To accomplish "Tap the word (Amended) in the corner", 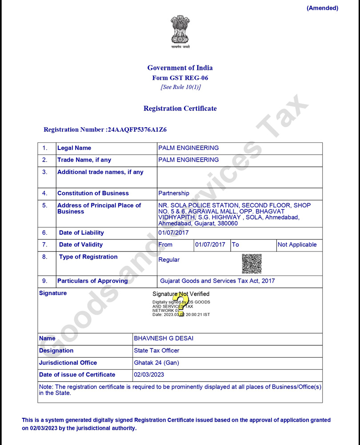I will coord(322,8).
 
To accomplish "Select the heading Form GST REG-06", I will coord(180,78).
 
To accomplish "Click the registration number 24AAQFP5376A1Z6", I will coord(137,130).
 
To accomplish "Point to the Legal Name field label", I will coord(74,148).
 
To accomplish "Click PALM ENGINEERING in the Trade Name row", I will coord(189,160).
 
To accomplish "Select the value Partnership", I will coord(174,194).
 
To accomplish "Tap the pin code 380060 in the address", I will coord(227,223).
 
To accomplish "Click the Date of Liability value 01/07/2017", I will coord(174,233).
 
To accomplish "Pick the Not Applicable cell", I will coord(297,245).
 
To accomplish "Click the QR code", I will coord(252,263).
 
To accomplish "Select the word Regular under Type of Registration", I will coord(169,260).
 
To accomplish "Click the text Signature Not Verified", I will coord(181,294).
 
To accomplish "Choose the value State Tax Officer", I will coord(157,351).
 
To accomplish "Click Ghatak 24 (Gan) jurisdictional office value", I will coord(157,363).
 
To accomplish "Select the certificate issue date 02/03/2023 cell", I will coord(149,375).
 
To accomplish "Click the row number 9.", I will coord(45,281).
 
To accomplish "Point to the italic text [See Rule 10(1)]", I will coord(180,87).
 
